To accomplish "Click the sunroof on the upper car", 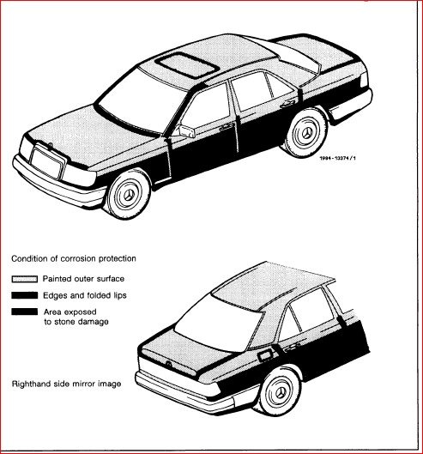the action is pos(187,65).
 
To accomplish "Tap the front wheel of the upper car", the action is pos(128,194).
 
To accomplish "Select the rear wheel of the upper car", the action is pos(306,133).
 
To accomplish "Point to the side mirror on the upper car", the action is pos(186,130).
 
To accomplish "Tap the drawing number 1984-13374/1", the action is pos(337,158).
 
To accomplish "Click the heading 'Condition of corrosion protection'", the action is pos(74,258).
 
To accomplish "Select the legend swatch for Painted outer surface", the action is pos(25,279).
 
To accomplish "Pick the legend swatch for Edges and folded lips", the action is pos(25,295).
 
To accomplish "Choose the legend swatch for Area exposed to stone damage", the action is pos(25,312).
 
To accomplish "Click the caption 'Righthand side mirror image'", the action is pos(66,384).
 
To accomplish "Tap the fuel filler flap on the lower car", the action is pos(264,355).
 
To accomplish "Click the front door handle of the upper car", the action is pos(227,127).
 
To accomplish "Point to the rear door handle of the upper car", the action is pos(287,103).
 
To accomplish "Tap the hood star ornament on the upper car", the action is pos(50,145).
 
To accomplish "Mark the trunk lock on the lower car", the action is pos(167,364).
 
